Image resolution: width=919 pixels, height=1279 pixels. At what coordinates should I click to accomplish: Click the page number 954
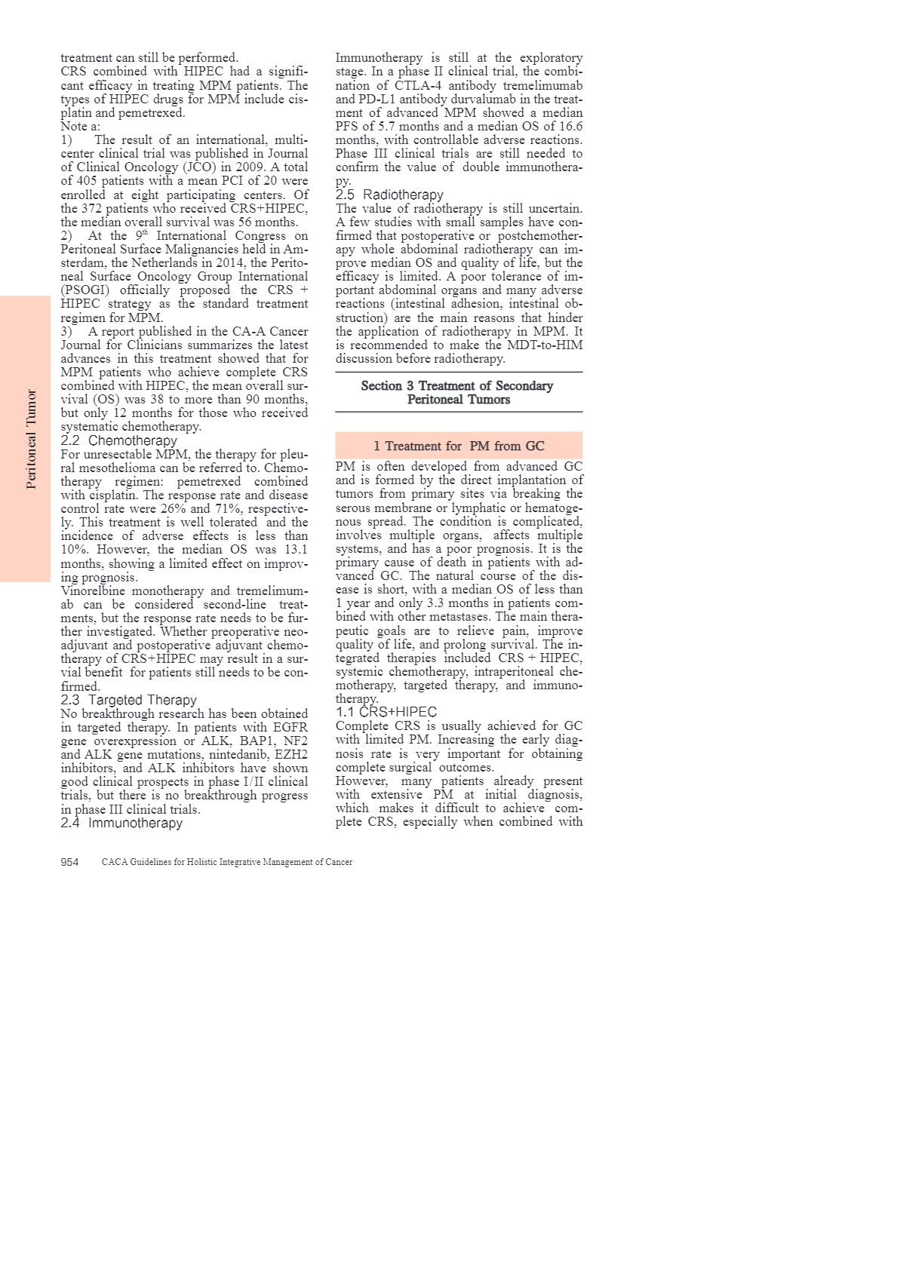[x=69, y=862]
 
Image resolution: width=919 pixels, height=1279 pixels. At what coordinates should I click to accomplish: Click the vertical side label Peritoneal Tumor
[x=31, y=439]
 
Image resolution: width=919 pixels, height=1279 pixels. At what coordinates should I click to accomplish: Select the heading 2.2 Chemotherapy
[x=118, y=440]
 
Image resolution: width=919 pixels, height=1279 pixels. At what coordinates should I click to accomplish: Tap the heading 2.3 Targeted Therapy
[x=128, y=700]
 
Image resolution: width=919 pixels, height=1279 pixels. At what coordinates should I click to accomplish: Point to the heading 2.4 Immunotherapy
[x=121, y=823]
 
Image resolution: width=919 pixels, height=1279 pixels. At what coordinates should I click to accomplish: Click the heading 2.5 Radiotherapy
[x=389, y=195]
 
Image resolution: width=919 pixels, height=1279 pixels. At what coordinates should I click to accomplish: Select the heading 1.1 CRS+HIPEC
[x=386, y=712]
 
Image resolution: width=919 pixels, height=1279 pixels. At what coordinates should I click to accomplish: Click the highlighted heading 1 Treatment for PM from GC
[x=459, y=446]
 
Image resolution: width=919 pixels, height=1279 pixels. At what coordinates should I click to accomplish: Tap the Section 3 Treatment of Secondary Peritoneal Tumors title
[x=457, y=392]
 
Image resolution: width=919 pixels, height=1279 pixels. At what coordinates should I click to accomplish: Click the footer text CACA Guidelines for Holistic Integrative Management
[x=226, y=862]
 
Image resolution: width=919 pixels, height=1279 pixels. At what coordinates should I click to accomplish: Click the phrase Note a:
[x=80, y=126]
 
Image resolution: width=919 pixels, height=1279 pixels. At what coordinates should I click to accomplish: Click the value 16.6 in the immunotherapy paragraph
[x=570, y=126]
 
